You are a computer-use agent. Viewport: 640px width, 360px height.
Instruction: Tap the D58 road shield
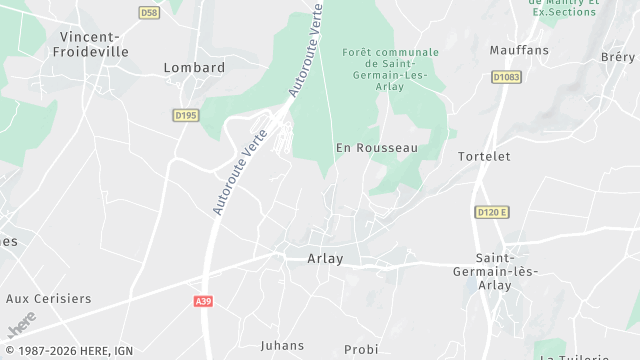149,13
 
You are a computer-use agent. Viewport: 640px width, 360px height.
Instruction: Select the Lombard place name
194,67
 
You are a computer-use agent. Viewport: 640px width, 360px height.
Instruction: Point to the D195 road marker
186,115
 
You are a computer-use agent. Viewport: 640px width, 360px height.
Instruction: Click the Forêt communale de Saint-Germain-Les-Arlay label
390,69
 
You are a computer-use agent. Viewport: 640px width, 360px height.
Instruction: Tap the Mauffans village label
519,49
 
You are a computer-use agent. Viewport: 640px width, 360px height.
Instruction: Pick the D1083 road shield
507,75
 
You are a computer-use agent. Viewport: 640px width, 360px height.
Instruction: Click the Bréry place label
618,57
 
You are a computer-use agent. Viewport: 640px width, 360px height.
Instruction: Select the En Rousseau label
376,147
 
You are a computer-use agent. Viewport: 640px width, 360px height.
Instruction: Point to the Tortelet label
484,157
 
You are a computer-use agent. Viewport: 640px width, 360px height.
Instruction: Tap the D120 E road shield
491,212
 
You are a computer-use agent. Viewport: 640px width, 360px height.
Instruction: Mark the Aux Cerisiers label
48,298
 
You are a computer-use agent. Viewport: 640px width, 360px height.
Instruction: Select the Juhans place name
282,345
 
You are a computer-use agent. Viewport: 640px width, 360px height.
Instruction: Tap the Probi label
361,349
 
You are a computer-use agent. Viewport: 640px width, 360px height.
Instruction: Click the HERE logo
21,324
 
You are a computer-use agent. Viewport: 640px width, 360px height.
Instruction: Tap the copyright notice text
68,351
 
